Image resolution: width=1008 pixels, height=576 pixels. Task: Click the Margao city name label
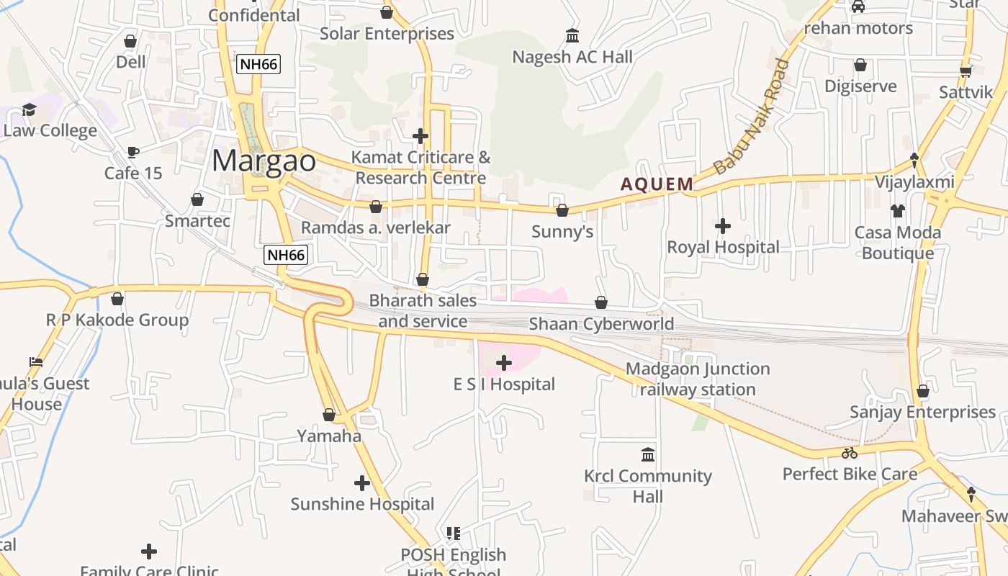[x=264, y=161]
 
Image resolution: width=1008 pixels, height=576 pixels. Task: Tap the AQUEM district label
[x=657, y=184]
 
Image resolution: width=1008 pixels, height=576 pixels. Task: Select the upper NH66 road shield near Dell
[x=258, y=64]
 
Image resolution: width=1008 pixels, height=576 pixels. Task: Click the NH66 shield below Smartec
[x=286, y=254]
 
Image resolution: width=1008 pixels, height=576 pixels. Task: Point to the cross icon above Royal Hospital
[x=723, y=226]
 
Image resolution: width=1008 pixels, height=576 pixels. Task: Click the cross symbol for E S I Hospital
[x=504, y=362]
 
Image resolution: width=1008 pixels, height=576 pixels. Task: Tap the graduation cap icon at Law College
[x=30, y=109]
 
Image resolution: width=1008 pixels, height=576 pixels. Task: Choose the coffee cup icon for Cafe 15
[x=132, y=152]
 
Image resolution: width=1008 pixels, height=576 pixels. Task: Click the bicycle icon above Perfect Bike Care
[x=850, y=453]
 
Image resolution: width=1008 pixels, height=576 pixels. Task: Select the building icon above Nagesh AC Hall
[x=572, y=35]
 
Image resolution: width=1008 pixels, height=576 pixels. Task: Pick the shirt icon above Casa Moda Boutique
[x=897, y=211]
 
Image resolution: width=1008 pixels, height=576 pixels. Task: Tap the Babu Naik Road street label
[x=751, y=117]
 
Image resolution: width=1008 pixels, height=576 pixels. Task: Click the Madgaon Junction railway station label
[x=698, y=379]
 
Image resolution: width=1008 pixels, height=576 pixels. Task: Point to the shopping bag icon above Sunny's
[x=562, y=210]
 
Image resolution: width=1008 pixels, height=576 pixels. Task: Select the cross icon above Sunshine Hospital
[x=362, y=483]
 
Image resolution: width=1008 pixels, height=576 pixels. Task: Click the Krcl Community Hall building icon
[x=648, y=455]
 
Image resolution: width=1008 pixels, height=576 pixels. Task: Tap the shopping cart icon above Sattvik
[x=966, y=71]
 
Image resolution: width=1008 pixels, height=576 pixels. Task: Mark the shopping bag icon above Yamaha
[x=329, y=415]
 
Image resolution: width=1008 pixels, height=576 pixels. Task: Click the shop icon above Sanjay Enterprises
[x=923, y=391]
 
